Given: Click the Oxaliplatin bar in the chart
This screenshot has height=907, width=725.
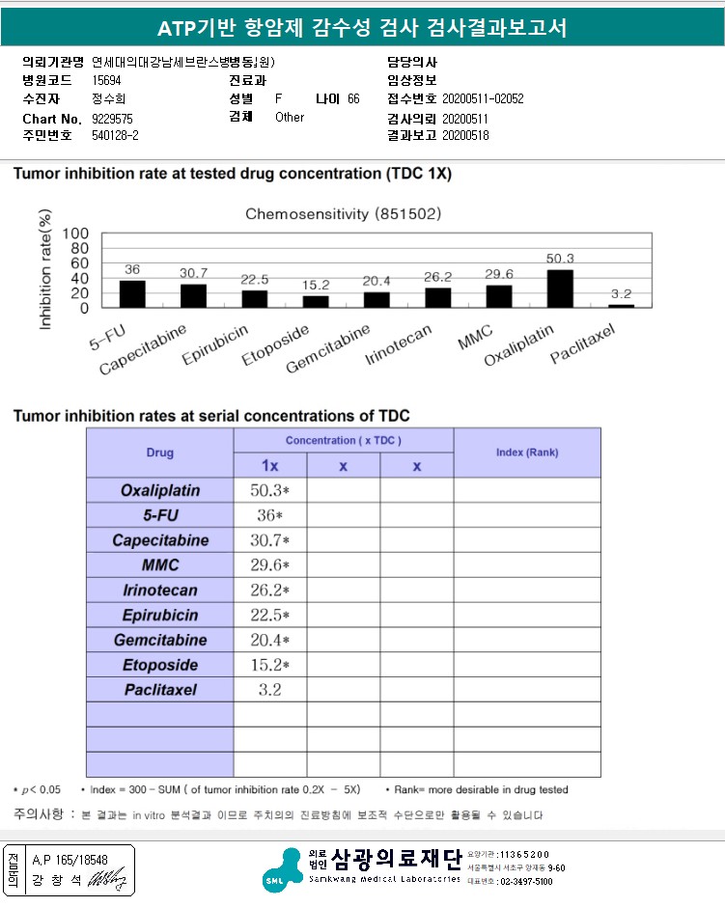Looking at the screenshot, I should pyautogui.click(x=560, y=288).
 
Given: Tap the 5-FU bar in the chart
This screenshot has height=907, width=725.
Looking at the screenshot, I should pyautogui.click(x=132, y=293).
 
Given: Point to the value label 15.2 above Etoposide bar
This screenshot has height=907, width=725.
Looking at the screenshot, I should pyautogui.click(x=316, y=286).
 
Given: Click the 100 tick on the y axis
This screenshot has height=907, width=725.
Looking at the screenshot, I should pyautogui.click(x=76, y=234).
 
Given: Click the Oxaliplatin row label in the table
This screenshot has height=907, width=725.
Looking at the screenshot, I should pyautogui.click(x=159, y=490).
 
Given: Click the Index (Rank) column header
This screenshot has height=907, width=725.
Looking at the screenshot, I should pyautogui.click(x=526, y=453).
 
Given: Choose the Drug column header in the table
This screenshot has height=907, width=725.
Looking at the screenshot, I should pyautogui.click(x=160, y=453).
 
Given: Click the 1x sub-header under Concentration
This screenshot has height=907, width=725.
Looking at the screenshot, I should pyautogui.click(x=270, y=466).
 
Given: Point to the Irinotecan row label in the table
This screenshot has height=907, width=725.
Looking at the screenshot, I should pyautogui.click(x=159, y=591).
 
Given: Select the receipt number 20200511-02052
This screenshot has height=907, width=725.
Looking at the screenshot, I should pyautogui.click(x=483, y=99).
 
